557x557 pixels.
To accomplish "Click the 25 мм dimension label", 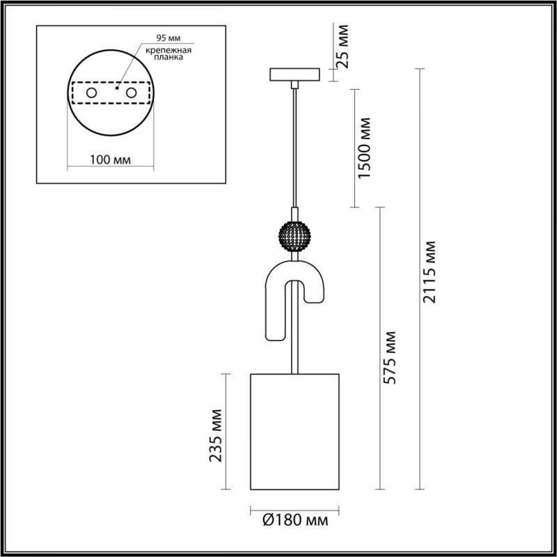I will pos(342,47).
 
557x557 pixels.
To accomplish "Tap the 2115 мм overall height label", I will pos(432,272).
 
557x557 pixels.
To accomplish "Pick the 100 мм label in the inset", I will pos(111,159).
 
